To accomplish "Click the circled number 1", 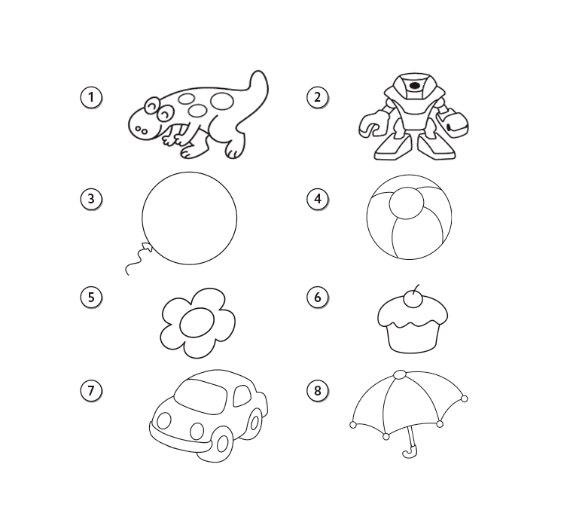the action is click(x=91, y=97).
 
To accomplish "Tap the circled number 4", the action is click(x=318, y=199).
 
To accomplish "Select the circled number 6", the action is click(x=318, y=298).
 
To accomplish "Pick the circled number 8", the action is click(x=318, y=391).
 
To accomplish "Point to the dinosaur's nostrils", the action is click(x=141, y=130).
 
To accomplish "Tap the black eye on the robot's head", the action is click(x=414, y=86).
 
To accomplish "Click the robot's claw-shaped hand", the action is click(x=372, y=124).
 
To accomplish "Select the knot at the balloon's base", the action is click(x=147, y=247).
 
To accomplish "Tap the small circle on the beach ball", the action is click(x=407, y=203).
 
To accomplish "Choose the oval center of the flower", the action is click(x=197, y=323).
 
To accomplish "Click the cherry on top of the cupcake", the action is click(x=413, y=300).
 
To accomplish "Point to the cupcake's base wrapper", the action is click(x=411, y=338).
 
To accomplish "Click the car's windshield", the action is click(x=200, y=396).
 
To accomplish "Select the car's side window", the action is click(x=242, y=396).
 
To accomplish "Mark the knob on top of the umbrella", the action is click(x=400, y=375).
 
